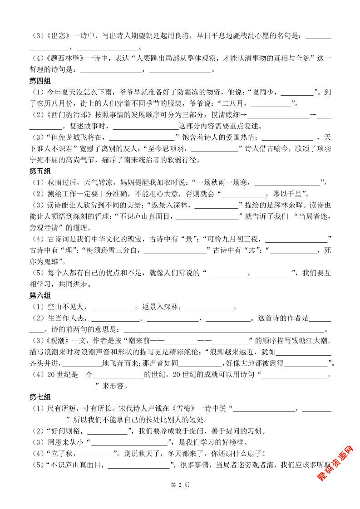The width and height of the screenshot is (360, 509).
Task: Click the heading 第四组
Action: click(x=40, y=82)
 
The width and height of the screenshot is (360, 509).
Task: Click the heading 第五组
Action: click(x=40, y=171)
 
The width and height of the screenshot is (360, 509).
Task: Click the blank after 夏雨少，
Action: click(x=297, y=93)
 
